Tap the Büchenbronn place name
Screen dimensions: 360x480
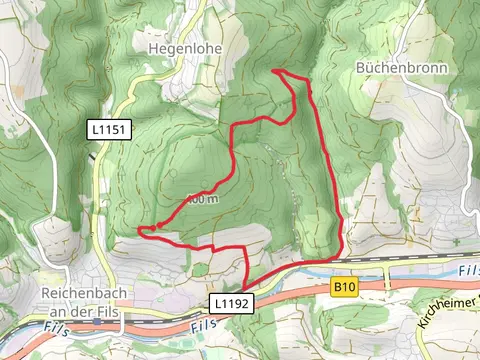click(400, 68)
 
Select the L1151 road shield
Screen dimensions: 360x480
click(109, 129)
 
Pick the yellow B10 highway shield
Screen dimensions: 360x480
click(345, 288)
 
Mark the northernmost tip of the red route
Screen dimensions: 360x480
click(274, 70)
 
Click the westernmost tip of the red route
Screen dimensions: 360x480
click(138, 230)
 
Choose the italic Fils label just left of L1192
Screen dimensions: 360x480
click(200, 325)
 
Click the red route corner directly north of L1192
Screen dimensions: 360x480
click(245, 247)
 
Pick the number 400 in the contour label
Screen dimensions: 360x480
click(197, 199)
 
